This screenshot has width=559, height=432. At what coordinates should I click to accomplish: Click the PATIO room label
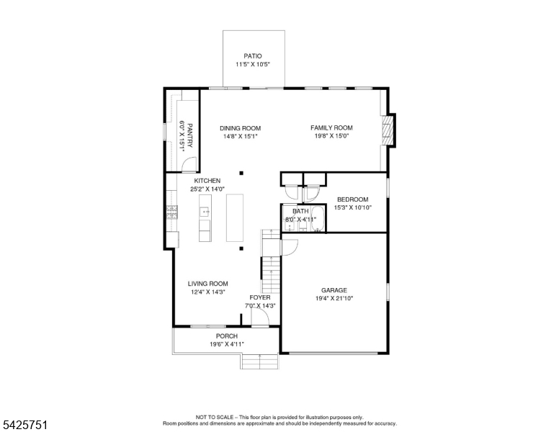(253, 56)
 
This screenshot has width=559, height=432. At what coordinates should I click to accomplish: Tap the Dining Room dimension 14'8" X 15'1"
(241, 136)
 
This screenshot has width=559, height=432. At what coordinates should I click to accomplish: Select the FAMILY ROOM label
(331, 127)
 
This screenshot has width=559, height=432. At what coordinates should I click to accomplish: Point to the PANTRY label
(189, 135)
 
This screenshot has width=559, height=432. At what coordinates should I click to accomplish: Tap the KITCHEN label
(207, 181)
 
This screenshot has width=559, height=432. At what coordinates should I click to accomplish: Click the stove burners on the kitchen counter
(172, 212)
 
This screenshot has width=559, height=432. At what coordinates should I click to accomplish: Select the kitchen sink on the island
(205, 212)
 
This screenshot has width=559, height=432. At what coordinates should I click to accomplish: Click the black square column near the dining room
(241, 174)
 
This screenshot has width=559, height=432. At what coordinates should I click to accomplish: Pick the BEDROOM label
(352, 199)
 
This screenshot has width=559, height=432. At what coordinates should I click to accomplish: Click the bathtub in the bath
(318, 218)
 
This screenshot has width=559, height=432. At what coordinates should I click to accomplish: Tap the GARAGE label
(334, 290)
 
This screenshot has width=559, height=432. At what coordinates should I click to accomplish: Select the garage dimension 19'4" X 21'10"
(334, 299)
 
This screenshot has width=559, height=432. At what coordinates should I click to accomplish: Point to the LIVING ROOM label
(208, 284)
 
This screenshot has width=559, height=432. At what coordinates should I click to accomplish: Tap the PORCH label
(227, 336)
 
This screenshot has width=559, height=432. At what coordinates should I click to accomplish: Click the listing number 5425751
(25, 425)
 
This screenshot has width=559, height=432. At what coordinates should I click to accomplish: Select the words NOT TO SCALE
(214, 418)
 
